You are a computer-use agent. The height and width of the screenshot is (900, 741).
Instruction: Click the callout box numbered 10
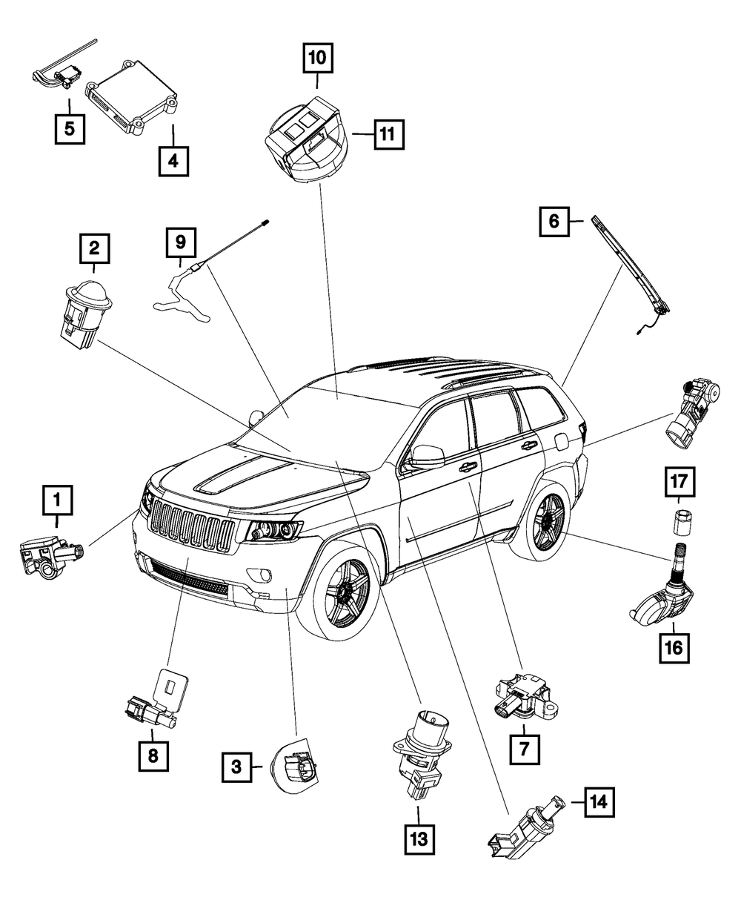318,57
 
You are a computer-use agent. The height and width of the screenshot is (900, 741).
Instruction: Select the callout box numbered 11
389,135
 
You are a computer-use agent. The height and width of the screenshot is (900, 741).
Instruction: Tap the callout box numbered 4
173,159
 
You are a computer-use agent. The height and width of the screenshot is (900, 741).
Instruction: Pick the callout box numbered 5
68,128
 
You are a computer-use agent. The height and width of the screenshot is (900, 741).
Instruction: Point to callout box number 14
599,801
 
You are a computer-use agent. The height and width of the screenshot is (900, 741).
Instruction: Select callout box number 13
419,840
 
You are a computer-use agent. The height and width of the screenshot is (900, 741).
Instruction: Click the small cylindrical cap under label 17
680,523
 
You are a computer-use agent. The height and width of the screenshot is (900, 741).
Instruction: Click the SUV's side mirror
425,456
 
